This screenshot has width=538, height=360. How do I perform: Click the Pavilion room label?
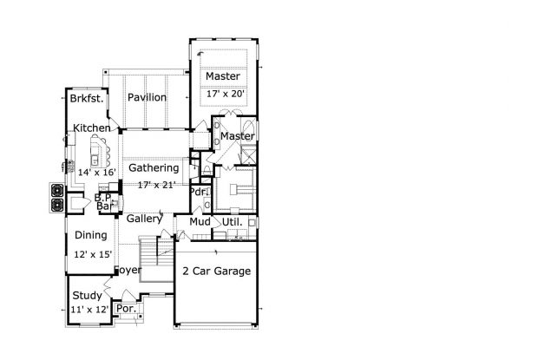coord(147,97)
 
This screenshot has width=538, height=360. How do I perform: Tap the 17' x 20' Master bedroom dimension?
coord(226,94)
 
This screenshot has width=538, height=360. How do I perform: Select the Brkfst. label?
coord(87,99)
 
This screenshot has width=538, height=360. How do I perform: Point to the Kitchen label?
coord(92,128)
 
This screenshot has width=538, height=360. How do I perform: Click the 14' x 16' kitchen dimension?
coord(97,172)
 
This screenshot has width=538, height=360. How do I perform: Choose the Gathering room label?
coord(154,168)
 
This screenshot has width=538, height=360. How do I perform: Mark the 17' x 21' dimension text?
coord(156,185)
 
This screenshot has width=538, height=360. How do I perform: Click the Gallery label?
coord(144,219)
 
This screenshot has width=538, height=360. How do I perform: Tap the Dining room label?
coord(91,235)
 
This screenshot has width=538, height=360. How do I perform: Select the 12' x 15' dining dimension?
coord(93,254)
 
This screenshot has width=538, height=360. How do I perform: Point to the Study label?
coord(87,296)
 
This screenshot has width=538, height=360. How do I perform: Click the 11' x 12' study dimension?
coord(89,310)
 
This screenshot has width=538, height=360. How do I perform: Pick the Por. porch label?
coord(127,309)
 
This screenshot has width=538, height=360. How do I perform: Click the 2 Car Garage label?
coord(217,272)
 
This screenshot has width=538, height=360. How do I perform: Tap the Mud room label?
coord(200,222)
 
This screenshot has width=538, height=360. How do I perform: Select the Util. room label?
coord(232,222)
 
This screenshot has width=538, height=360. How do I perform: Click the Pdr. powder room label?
coord(200,192)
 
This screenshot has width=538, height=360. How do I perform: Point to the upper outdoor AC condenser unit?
coord(57,190)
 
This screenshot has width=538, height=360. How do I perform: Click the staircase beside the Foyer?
coord(156,259)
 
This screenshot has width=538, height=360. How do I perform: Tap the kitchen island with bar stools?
coord(96,151)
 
